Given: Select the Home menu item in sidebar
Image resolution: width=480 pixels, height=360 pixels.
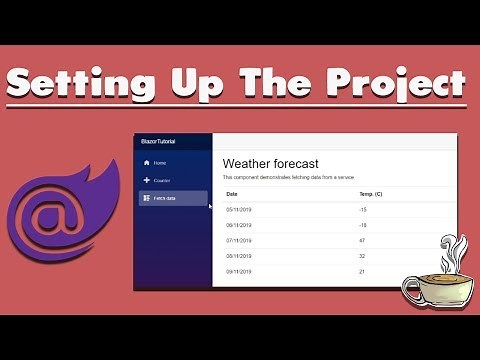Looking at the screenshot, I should (x=160, y=162).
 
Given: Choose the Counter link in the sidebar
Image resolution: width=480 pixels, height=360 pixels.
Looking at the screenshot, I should (x=161, y=180).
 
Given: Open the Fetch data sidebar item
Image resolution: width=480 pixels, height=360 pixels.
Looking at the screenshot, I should (x=164, y=198).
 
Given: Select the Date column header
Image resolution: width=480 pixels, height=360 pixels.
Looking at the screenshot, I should (x=232, y=194).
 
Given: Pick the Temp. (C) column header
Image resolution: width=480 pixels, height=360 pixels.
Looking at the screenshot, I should (x=370, y=194).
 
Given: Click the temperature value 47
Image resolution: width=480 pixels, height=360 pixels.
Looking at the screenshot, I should (x=361, y=241).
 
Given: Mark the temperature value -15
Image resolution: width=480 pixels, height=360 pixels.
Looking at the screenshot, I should (x=362, y=210).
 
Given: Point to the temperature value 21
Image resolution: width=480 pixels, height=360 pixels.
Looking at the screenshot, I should (x=361, y=272).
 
